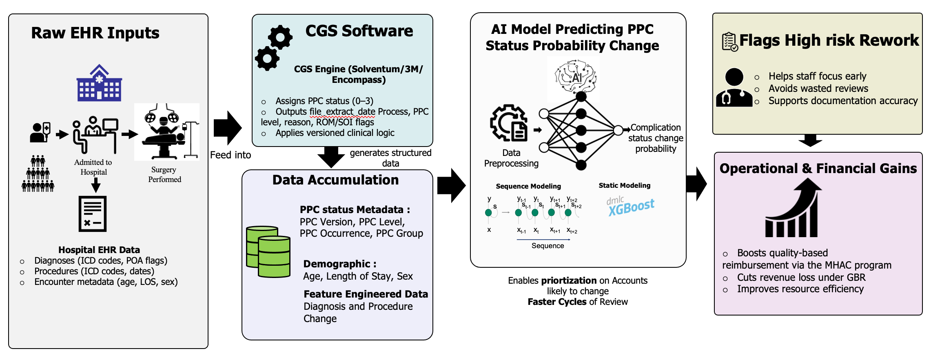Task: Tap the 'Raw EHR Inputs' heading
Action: [x=95, y=33]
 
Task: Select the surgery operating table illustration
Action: [x=166, y=131]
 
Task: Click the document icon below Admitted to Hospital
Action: [x=93, y=214]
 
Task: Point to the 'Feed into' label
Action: [x=231, y=155]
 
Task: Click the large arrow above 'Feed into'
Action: [x=227, y=128]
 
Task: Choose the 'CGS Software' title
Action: [x=359, y=31]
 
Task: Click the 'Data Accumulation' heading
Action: [x=335, y=180]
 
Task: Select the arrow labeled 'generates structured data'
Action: [x=331, y=157]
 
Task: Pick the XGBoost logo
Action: [x=630, y=206]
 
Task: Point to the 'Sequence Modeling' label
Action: [x=528, y=186]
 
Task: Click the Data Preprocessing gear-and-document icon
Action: [x=509, y=123]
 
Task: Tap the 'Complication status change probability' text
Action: [x=656, y=138]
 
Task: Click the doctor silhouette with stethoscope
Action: [x=734, y=88]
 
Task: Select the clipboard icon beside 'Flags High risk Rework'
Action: [x=729, y=42]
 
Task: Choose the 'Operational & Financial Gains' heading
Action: [x=818, y=169]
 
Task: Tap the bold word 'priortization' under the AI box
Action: [x=569, y=281]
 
